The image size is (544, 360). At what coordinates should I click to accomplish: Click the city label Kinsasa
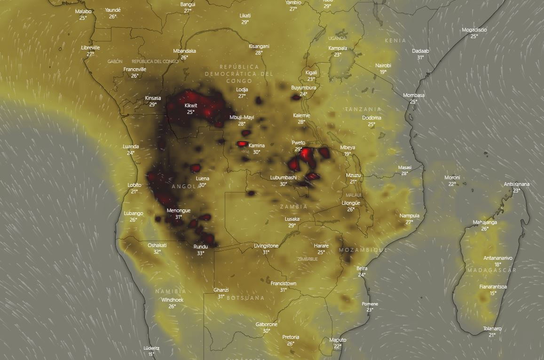click(153, 98)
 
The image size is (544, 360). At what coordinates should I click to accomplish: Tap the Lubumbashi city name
click(283, 177)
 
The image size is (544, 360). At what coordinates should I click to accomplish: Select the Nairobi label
click(383, 65)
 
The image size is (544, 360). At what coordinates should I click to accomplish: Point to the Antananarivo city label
click(498, 258)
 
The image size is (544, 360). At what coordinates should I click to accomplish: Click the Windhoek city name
click(172, 300)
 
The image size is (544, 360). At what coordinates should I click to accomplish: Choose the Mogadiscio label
click(474, 30)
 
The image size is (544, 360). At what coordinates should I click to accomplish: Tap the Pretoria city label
click(291, 337)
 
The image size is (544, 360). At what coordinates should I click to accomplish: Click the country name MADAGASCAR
click(492, 270)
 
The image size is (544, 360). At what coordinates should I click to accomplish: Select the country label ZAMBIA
click(293, 207)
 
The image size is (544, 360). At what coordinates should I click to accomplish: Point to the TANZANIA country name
click(363, 109)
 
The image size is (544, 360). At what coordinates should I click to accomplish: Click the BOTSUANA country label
click(245, 298)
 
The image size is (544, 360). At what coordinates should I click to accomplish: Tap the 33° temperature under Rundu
click(200, 253)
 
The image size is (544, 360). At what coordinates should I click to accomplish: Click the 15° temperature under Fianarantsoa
click(493, 293)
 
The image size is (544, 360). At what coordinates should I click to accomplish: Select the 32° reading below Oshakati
click(157, 252)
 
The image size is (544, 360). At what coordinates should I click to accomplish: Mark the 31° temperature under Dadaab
click(420, 57)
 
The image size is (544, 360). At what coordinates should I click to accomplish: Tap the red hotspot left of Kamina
click(242, 144)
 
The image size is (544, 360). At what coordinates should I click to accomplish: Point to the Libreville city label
click(90, 48)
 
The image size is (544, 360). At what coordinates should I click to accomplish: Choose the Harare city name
click(321, 246)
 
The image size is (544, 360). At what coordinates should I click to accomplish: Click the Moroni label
click(452, 177)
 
